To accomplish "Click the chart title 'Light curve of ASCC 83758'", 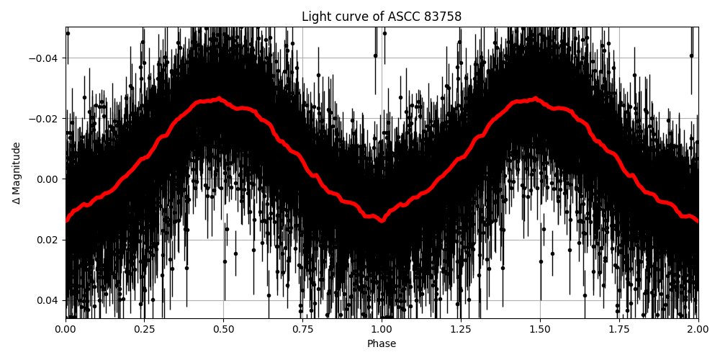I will click(382, 17).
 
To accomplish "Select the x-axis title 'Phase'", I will click(382, 344).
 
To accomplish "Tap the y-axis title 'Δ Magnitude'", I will click(17, 173).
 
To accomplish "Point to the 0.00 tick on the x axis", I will click(66, 330).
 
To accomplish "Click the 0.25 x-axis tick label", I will click(144, 330).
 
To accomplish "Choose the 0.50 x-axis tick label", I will click(223, 330).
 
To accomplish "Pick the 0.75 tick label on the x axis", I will click(302, 330).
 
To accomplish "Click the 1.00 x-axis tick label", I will click(382, 330).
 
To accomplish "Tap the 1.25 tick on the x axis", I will click(461, 330).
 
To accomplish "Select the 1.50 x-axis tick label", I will click(540, 330).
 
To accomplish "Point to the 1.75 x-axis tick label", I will click(619, 330).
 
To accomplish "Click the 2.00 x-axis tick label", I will click(698, 330).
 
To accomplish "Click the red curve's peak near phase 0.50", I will click(219, 99).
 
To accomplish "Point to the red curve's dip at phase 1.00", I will click(382, 220).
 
